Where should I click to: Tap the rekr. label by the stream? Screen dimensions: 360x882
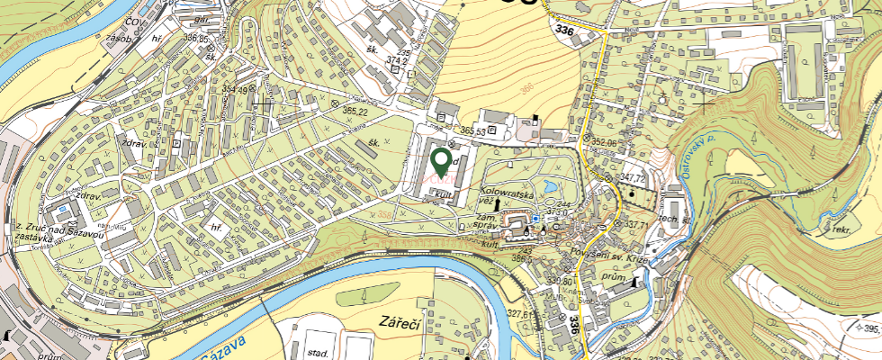(841, 231)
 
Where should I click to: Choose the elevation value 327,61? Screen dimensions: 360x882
(521, 315)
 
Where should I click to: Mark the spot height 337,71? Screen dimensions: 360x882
(636, 223)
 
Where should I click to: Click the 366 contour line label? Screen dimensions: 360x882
(526, 87)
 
